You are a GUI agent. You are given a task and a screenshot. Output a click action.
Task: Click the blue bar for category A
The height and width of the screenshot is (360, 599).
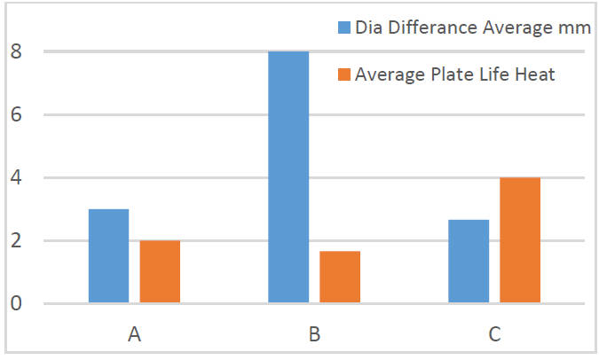coord(108,256)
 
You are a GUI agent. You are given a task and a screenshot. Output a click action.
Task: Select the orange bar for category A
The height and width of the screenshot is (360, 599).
coord(160,272)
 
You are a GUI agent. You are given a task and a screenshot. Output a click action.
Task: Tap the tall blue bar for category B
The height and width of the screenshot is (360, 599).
coord(288,177)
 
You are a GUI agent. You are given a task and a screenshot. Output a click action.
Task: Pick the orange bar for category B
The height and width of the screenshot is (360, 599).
coord(340,278)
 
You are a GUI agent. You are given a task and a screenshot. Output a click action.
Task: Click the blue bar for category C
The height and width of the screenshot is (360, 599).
coord(469,262)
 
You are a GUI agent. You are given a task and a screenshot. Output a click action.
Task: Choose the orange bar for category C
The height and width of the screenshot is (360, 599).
coord(520,240)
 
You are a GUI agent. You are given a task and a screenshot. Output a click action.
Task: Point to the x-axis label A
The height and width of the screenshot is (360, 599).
coord(134,334)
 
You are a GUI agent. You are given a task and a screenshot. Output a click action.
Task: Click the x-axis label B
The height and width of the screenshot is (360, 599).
coord(314,334)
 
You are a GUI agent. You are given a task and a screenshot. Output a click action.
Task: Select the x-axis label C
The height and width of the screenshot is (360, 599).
coord(494,334)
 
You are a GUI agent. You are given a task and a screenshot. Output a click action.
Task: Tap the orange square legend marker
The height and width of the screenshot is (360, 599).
coord(344,74)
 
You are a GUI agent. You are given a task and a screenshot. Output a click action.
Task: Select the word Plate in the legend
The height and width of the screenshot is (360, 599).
coord(443,74)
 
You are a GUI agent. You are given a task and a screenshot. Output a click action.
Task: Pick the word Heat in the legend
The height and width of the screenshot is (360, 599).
coord(536,74)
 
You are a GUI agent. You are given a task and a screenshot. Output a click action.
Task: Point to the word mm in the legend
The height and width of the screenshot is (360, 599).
coord(576,29)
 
